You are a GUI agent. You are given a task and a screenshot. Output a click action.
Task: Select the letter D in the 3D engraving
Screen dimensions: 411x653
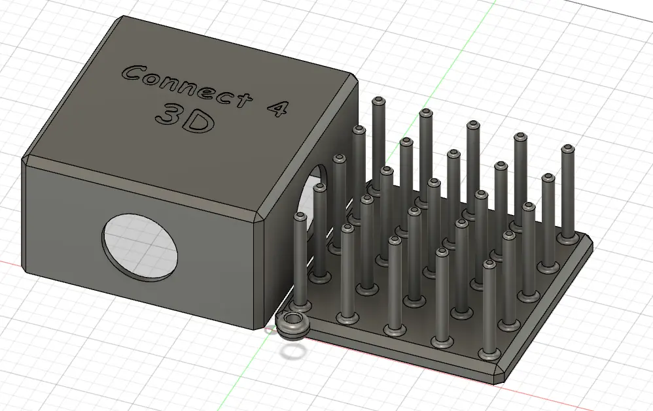[x=199, y=122]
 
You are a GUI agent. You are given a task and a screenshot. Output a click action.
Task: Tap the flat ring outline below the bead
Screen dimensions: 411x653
[x=292, y=353]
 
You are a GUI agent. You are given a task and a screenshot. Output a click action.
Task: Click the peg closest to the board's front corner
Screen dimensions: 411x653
[x=488, y=310]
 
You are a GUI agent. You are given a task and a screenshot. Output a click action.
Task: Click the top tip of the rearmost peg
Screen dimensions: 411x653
[x=379, y=101]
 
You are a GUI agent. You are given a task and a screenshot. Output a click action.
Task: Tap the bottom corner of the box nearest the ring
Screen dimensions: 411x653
[x=256, y=325]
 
